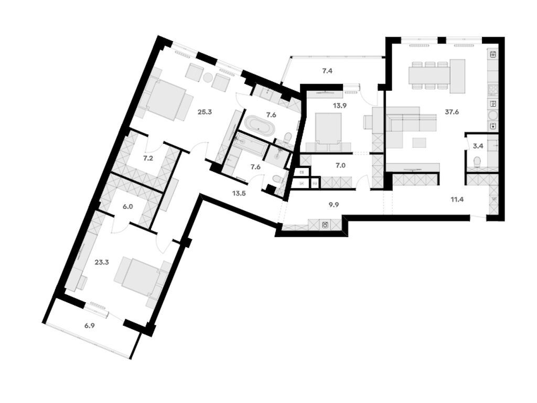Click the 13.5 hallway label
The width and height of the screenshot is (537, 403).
click(x=239, y=192)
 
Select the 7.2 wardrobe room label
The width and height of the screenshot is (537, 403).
click(x=148, y=157)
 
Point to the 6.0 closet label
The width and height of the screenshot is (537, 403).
click(x=128, y=207)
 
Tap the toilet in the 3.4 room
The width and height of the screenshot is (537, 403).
click(x=477, y=162)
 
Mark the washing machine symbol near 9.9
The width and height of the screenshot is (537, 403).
click(x=325, y=225)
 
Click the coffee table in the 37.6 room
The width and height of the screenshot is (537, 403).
click(x=420, y=143)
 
